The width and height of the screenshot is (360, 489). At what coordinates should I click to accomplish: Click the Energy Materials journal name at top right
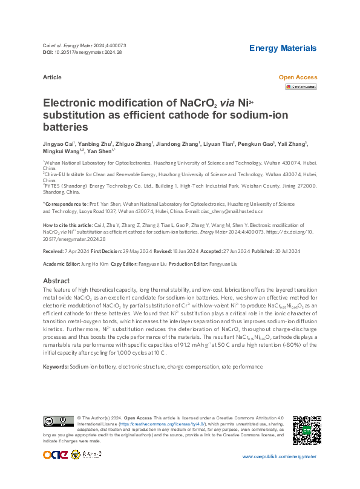283,48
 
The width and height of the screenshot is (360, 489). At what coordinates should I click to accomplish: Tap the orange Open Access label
298,77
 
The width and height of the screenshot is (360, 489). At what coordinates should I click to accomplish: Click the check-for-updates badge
301,87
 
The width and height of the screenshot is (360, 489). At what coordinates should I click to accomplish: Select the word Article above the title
52,77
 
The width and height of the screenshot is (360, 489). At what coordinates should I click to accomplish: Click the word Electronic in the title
72,103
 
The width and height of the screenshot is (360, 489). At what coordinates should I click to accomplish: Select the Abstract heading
56,281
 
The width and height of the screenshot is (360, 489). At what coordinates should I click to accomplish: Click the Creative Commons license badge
58,421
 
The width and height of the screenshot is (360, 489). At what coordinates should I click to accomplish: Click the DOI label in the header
48,52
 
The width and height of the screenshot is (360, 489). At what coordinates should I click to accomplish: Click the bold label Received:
56,249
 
